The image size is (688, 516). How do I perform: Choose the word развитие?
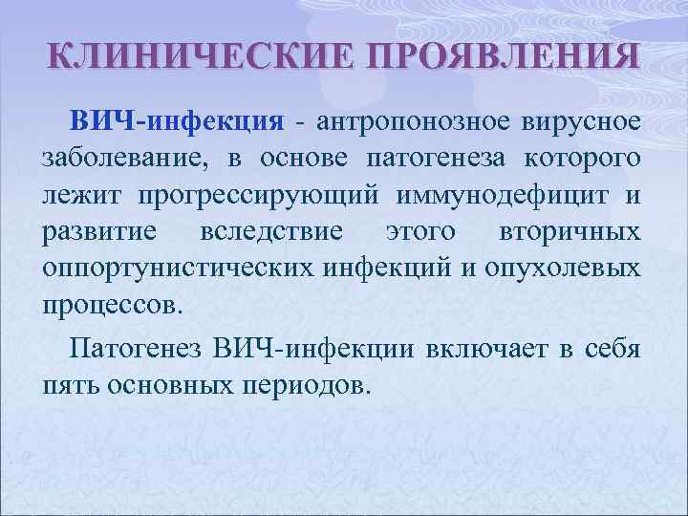pyautogui.click(x=98, y=232)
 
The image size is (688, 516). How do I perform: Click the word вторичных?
pyautogui.click(x=570, y=232)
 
